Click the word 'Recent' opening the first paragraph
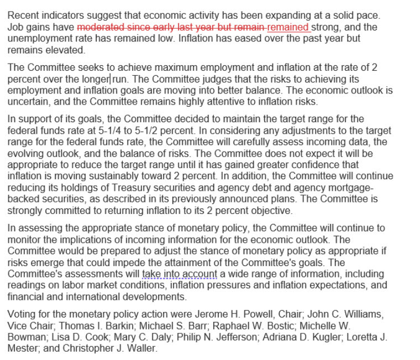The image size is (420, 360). click(23, 16)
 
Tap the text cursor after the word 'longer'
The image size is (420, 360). click(111, 80)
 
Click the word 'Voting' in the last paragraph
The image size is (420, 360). click(21, 315)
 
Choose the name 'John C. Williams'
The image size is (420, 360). click(342, 315)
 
